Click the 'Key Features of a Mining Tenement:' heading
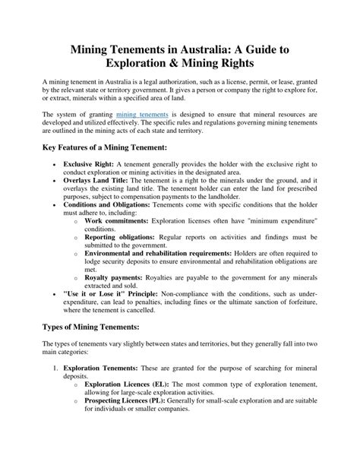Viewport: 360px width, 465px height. [x=109, y=147]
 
